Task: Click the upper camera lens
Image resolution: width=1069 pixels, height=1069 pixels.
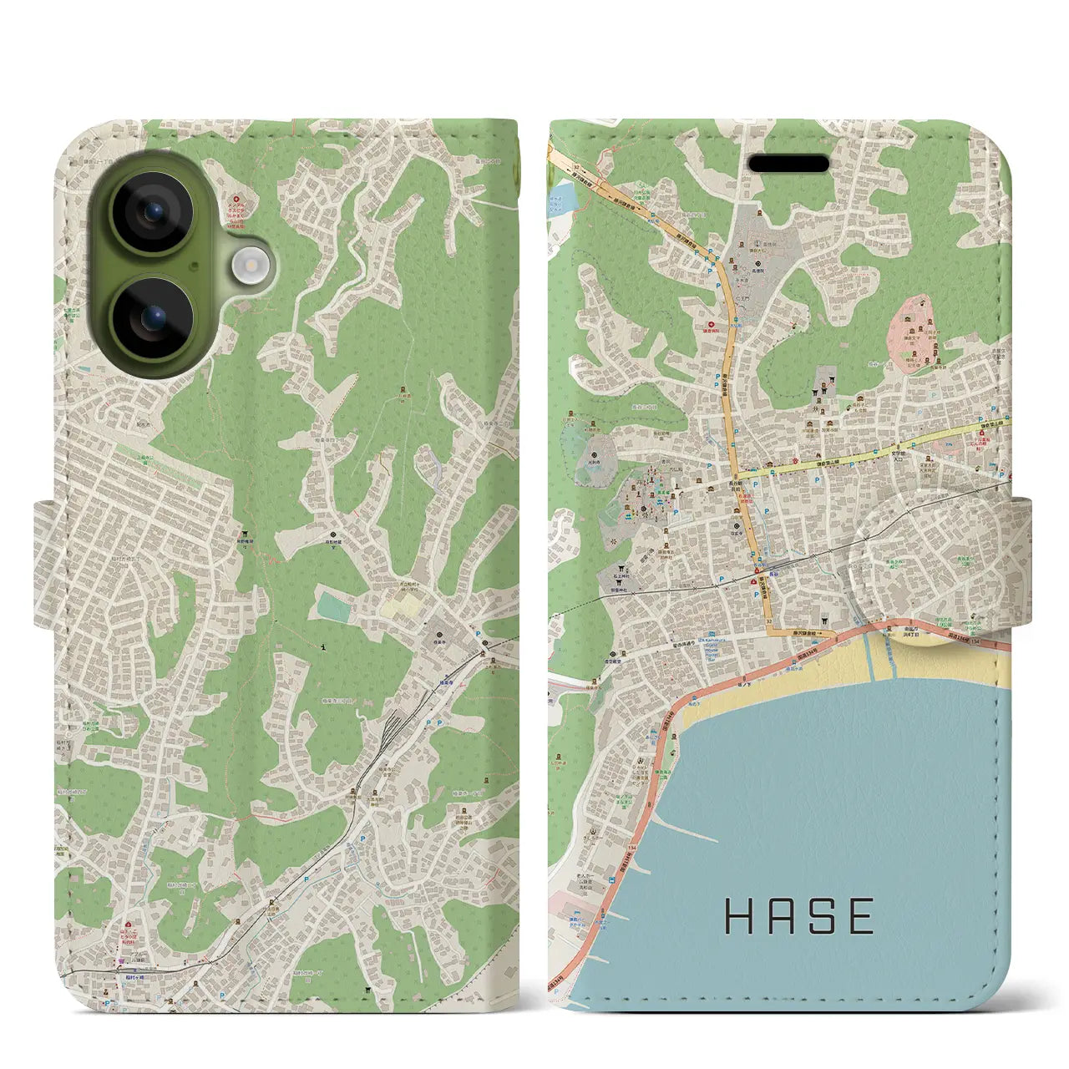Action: (x=153, y=212)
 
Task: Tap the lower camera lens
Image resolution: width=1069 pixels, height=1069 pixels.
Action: (x=153, y=318)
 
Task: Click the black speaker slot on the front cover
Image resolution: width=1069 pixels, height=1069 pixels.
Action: (x=789, y=163)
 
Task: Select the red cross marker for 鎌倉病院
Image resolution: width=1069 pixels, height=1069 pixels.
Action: (x=711, y=324)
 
